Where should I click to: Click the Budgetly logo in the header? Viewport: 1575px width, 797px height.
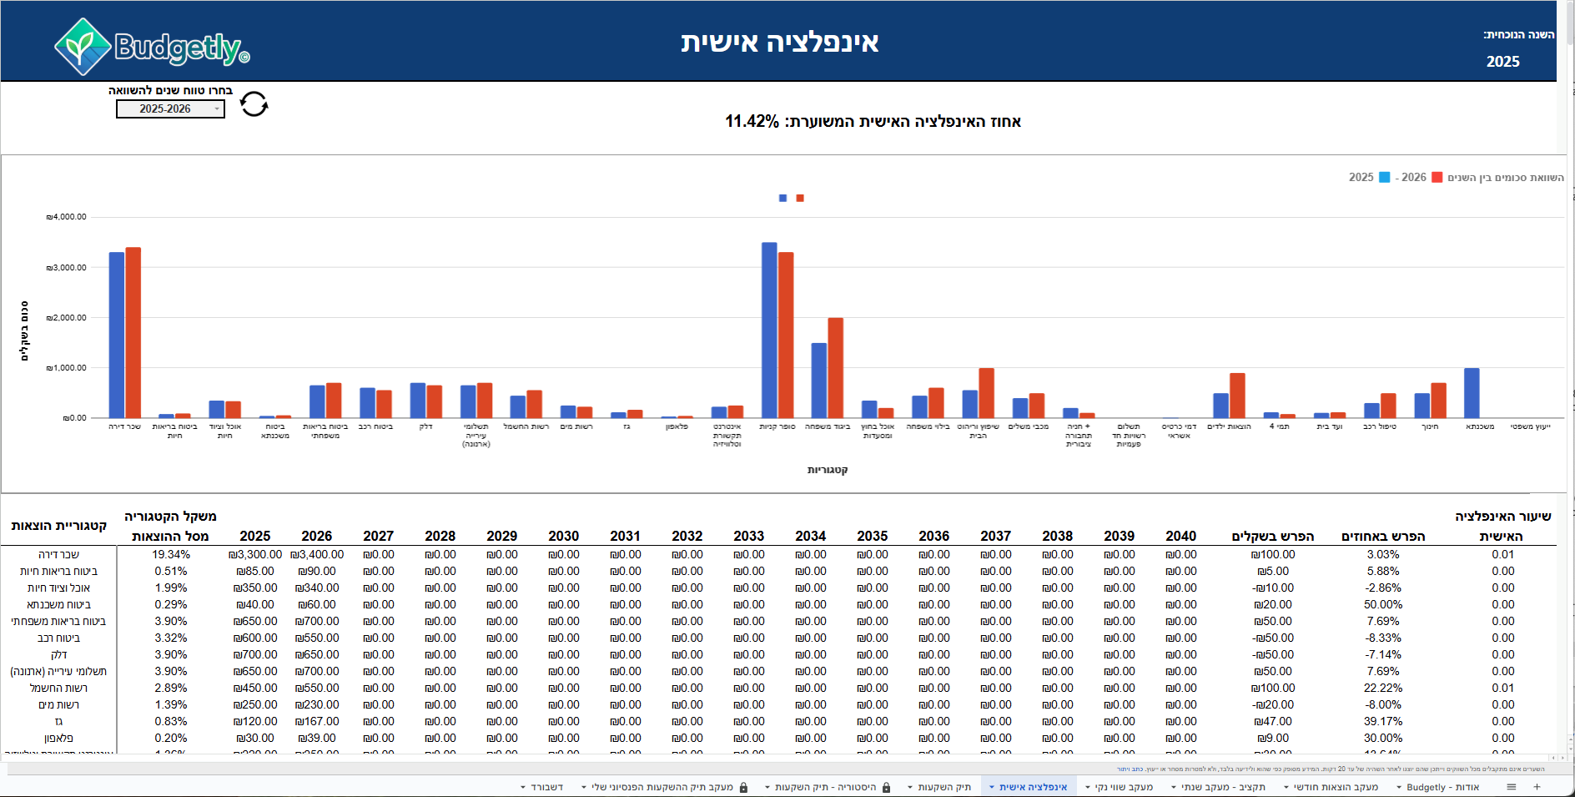click(x=152, y=47)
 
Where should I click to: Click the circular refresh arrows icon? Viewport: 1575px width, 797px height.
click(x=254, y=104)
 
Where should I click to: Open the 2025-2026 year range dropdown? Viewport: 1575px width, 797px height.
click(x=170, y=109)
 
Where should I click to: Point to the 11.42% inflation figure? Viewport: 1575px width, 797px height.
click(x=752, y=122)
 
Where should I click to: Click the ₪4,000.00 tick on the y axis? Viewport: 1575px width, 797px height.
click(x=67, y=217)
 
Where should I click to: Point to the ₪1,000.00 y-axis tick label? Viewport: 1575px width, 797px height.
click(x=67, y=368)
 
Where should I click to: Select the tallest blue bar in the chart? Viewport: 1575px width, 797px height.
click(x=769, y=330)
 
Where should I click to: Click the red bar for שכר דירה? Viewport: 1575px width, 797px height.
click(x=133, y=332)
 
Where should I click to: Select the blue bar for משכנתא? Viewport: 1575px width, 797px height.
click(x=1472, y=392)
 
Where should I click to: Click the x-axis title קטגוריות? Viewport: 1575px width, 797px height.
click(x=828, y=471)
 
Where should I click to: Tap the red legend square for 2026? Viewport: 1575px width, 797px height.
click(x=1437, y=178)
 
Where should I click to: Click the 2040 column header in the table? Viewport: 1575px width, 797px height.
click(x=1180, y=537)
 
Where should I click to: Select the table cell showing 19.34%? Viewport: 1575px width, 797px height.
click(x=171, y=555)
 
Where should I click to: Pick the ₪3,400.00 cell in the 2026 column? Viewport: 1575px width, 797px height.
click(x=317, y=555)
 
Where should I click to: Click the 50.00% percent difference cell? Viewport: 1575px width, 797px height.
click(x=1382, y=605)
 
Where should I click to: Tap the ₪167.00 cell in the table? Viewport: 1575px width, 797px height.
click(x=317, y=722)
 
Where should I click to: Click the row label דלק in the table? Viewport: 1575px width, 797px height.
click(x=58, y=655)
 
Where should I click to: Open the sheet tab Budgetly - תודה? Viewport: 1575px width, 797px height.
click(x=1442, y=787)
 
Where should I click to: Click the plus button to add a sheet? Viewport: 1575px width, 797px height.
click(x=1537, y=787)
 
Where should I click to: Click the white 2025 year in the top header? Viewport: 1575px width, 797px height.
click(x=1502, y=62)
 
